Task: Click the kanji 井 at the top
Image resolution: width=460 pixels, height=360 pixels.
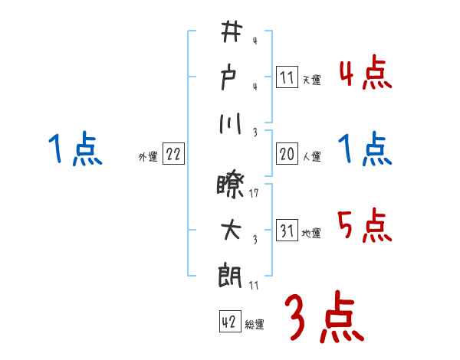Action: (231, 34)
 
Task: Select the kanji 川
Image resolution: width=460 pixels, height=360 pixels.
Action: (231, 123)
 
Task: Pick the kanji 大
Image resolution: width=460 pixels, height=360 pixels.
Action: (231, 230)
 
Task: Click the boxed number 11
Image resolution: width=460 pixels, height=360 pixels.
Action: (287, 77)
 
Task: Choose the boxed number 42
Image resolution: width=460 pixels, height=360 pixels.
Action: (228, 322)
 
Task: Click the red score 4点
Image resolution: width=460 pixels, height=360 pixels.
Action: (365, 74)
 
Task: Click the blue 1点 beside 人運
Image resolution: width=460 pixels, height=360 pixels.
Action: (365, 149)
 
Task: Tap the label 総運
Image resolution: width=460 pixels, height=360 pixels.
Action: (255, 325)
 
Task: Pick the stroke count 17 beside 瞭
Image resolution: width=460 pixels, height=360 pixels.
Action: (254, 195)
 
